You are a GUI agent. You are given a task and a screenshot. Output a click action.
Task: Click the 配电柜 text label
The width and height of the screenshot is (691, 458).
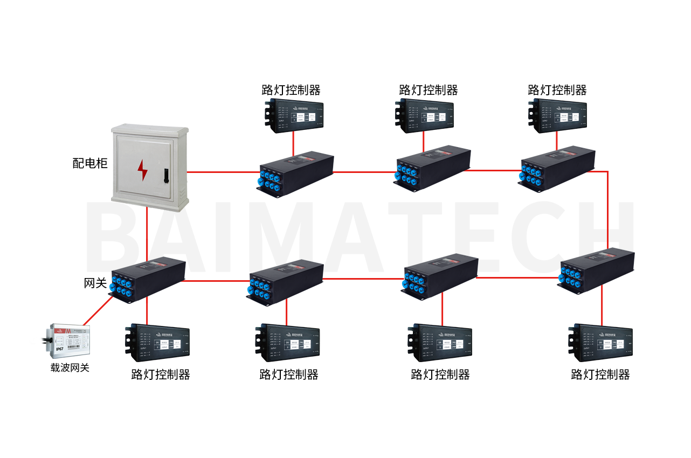coord(90,163)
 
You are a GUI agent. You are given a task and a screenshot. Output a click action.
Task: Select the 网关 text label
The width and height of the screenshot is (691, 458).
coord(95,282)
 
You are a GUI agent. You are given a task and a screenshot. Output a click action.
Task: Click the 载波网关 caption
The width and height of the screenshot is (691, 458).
coord(70,368)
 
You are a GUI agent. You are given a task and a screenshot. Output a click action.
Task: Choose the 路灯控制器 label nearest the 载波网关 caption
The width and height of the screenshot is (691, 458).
coord(161,374)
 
